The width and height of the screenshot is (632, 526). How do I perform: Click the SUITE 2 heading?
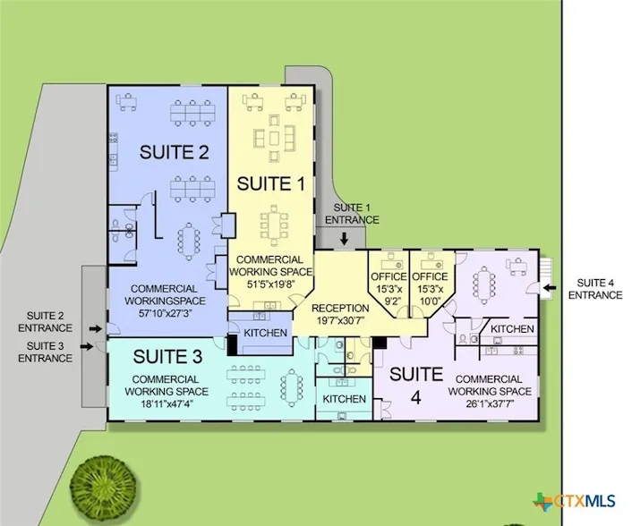point(175,152)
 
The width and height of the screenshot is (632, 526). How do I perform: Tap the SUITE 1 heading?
point(270,183)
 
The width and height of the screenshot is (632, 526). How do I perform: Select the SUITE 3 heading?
point(167,357)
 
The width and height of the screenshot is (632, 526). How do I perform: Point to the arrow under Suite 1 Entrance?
point(344,239)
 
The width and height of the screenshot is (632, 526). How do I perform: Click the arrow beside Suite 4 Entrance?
point(550,287)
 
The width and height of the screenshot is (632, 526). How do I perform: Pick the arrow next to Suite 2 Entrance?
point(96,329)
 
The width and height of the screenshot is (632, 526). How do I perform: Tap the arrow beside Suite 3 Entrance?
point(86,346)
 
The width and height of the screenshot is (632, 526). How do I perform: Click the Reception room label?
point(340,308)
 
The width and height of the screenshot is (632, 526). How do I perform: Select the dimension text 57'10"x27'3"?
point(165,313)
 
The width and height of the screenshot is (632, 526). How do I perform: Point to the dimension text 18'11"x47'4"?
point(166,403)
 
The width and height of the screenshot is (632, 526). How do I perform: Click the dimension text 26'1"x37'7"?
point(490,403)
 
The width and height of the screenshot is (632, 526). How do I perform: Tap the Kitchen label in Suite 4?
point(512,328)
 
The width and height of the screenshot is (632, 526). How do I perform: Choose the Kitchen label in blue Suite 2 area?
point(265,333)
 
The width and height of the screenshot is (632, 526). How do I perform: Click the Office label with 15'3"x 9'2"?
point(389,276)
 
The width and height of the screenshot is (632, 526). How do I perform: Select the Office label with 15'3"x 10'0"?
point(430,276)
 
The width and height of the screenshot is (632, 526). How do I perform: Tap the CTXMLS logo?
point(574,502)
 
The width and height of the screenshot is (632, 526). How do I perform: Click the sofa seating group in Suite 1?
point(274,138)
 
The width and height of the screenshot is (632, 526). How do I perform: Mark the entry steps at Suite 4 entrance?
point(545,278)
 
